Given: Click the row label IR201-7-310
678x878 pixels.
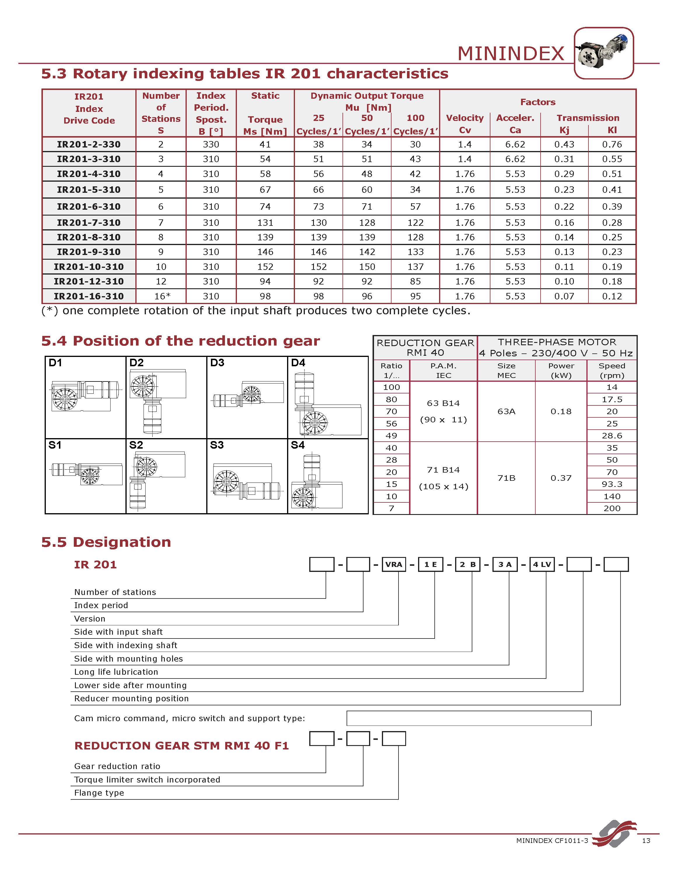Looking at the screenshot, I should (88, 223).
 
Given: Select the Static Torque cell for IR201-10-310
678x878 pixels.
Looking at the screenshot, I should (265, 267).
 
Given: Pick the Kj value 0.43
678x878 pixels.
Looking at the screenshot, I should (564, 144).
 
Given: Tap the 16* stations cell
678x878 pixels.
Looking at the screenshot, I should (161, 296).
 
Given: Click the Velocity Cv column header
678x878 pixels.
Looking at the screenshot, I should (465, 124).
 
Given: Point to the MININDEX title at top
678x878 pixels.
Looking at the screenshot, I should (511, 53).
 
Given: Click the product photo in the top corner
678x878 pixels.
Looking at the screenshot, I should (604, 53).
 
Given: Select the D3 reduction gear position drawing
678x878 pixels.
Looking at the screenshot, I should (247, 396).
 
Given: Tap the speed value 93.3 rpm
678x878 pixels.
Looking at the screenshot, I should (612, 484).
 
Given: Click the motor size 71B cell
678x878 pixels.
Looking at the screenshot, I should (506, 478).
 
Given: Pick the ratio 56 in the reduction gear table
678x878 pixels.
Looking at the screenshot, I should (391, 424).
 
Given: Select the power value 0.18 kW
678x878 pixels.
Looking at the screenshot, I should (561, 411).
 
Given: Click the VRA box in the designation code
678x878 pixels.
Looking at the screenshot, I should (394, 564).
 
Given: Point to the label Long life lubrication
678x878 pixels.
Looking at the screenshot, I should (116, 672).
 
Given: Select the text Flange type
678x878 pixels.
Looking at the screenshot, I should (99, 793).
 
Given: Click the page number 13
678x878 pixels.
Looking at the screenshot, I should (646, 841).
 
